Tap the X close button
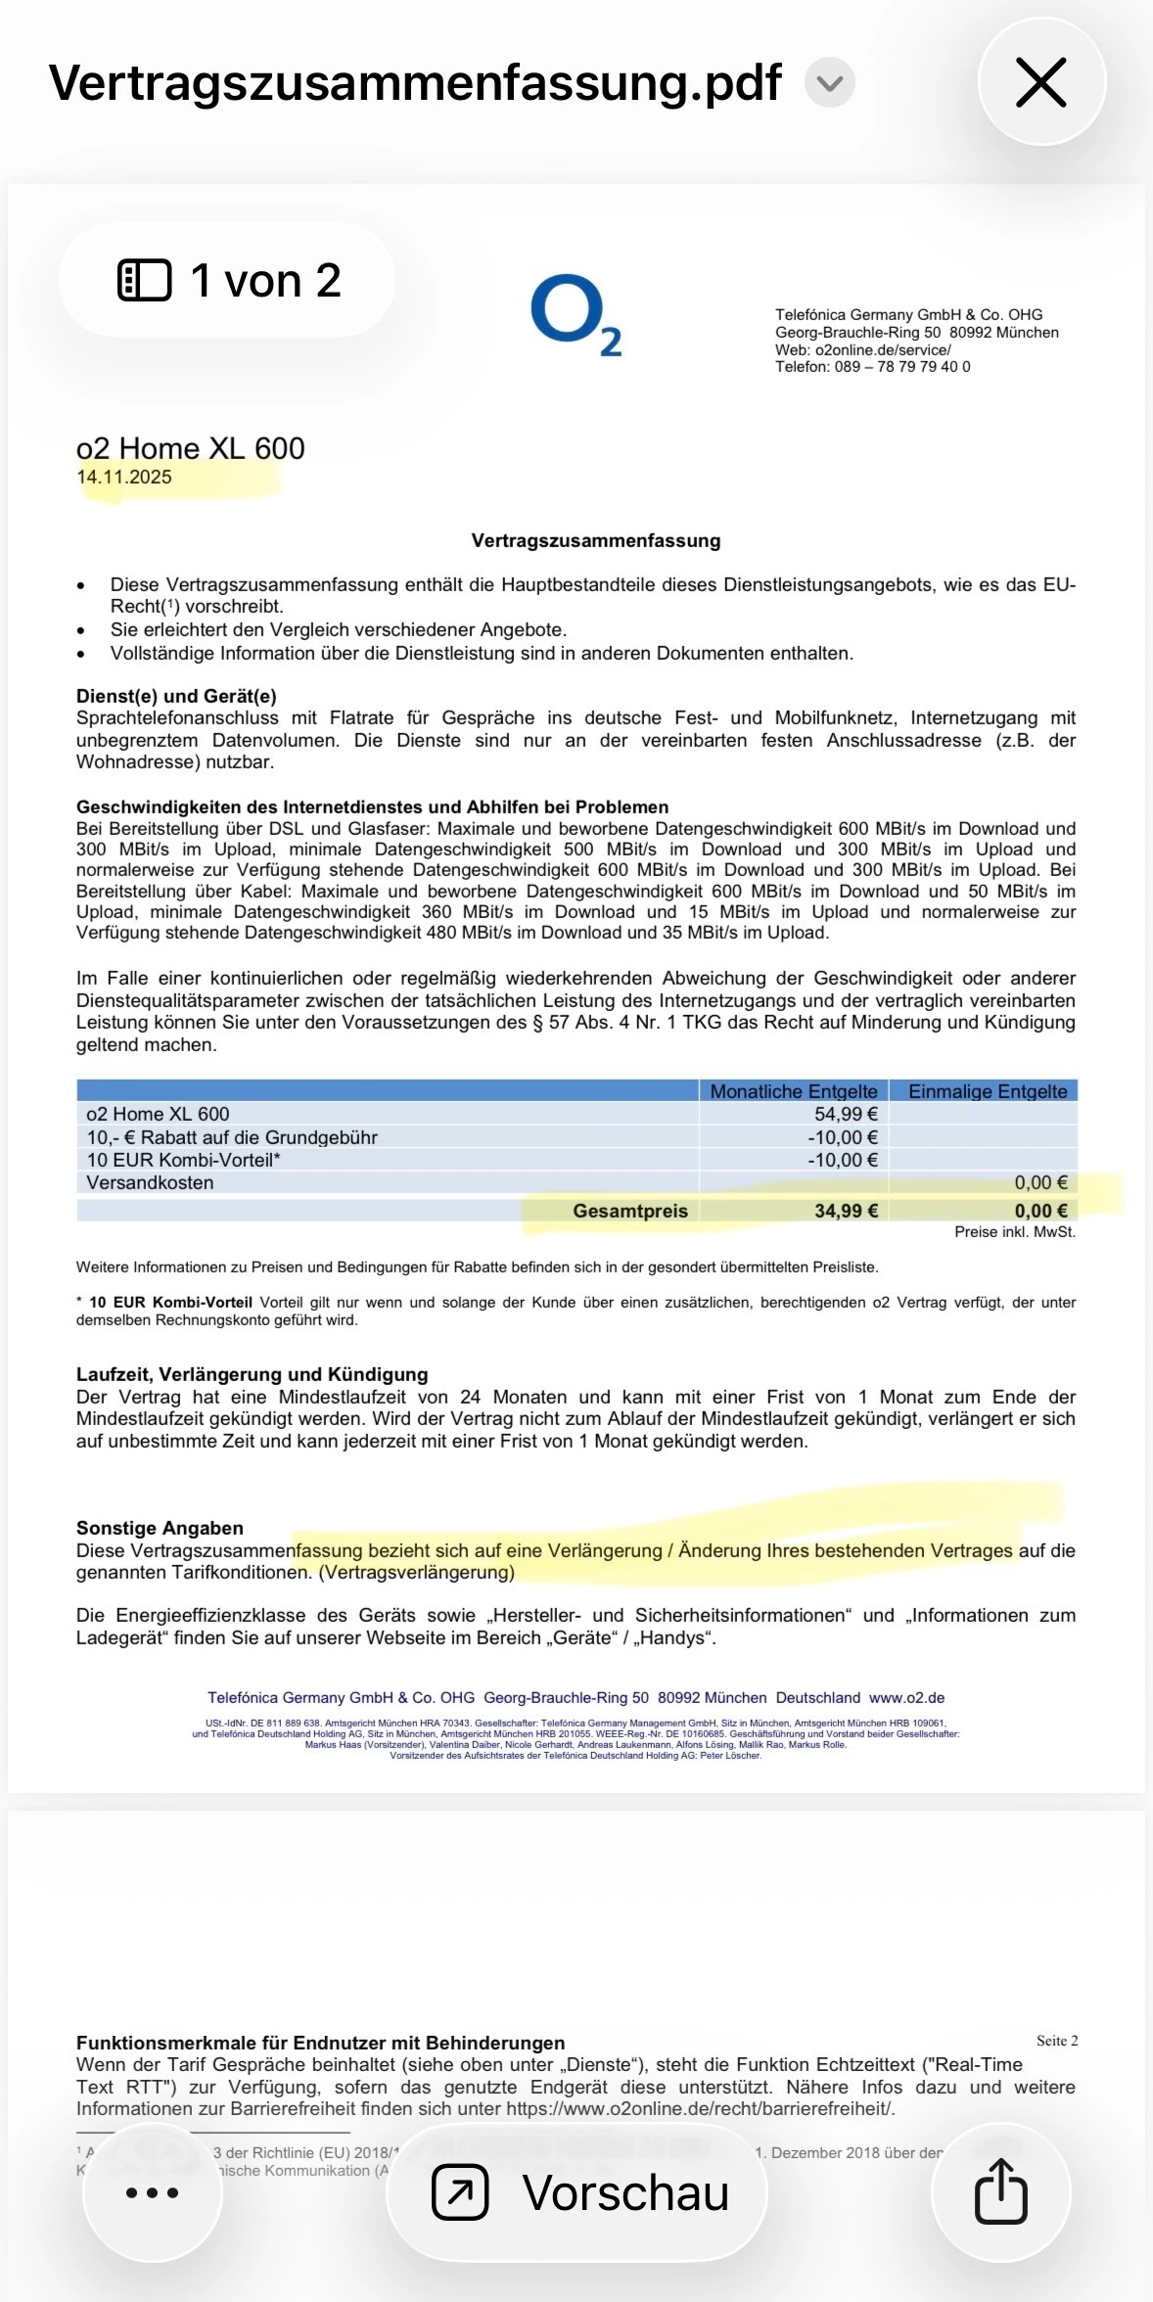pyautogui.click(x=1041, y=82)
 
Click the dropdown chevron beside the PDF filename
pyautogui.click(x=830, y=83)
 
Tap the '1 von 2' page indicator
pyautogui.click(x=229, y=281)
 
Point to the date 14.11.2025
pyautogui.click(x=124, y=478)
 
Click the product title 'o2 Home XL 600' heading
pyautogui.click(x=191, y=448)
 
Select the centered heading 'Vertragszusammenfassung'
pyautogui.click(x=595, y=540)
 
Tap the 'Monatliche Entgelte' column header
pyautogui.click(x=793, y=1091)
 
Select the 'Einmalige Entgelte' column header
pyautogui.click(x=987, y=1091)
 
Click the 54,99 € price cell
pyautogui.click(x=846, y=1114)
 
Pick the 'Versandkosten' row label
pyautogui.click(x=150, y=1182)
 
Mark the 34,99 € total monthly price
pyautogui.click(x=846, y=1211)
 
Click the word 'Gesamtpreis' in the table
pyautogui.click(x=630, y=1211)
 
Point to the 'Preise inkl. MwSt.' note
pyautogui.click(x=1014, y=1232)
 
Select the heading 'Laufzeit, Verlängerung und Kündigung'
pyautogui.click(x=252, y=1374)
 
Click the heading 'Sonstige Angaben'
pyautogui.click(x=160, y=1528)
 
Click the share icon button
pyautogui.click(x=1000, y=2192)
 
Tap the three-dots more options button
pyautogui.click(x=152, y=2192)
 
